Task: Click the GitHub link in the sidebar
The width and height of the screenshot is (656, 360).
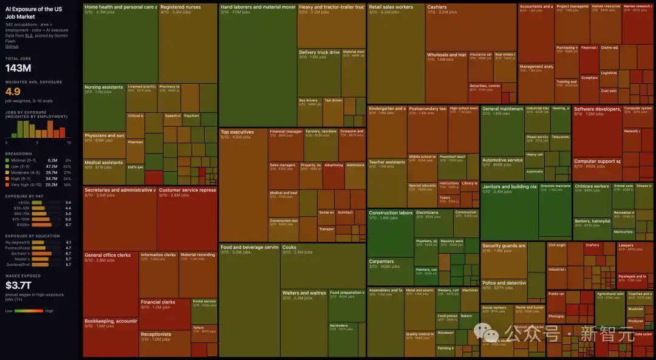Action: pos(12,46)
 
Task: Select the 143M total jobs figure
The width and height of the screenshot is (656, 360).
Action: pos(18,68)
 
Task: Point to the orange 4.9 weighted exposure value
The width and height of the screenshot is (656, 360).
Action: pos(13,92)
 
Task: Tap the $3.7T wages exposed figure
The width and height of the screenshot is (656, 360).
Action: pos(18,285)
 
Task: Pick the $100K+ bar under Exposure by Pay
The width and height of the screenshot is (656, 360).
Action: pos(40,225)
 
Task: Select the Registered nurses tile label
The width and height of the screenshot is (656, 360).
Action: pos(180,7)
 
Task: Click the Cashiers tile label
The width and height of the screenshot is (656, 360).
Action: pos(437,7)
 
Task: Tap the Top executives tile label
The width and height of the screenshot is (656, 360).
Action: pos(237,132)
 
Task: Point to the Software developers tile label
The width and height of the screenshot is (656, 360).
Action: pos(597,109)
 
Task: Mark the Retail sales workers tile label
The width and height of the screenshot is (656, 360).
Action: pos(391,7)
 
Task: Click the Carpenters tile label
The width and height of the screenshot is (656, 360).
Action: pos(381,262)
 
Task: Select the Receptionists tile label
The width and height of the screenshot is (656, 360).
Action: pos(156,334)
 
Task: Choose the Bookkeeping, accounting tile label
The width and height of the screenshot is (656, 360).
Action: pos(111,321)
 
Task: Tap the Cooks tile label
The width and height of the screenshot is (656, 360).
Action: pos(289,247)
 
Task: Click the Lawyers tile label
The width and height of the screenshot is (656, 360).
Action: pos(626,245)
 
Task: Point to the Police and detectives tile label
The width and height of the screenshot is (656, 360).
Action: pos(504,283)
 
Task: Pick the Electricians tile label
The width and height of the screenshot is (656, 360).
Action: pos(427,213)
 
